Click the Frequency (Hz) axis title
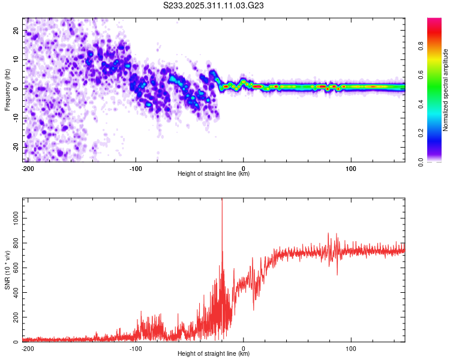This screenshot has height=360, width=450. tap(7, 90)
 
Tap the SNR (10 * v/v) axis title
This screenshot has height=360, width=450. tap(7, 269)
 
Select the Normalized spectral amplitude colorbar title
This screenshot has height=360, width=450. tap(446, 90)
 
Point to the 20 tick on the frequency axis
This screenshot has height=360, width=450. tap(16, 30)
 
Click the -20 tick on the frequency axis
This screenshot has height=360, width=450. tap(15, 146)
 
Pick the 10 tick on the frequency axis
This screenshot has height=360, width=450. tap(16, 59)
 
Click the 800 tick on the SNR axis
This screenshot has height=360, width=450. tap(14, 244)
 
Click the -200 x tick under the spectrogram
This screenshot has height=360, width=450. tap(27, 167)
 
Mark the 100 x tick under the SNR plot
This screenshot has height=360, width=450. tap(350, 347)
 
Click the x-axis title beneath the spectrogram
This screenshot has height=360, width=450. tap(214, 174)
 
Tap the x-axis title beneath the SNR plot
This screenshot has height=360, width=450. tap(214, 354)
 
